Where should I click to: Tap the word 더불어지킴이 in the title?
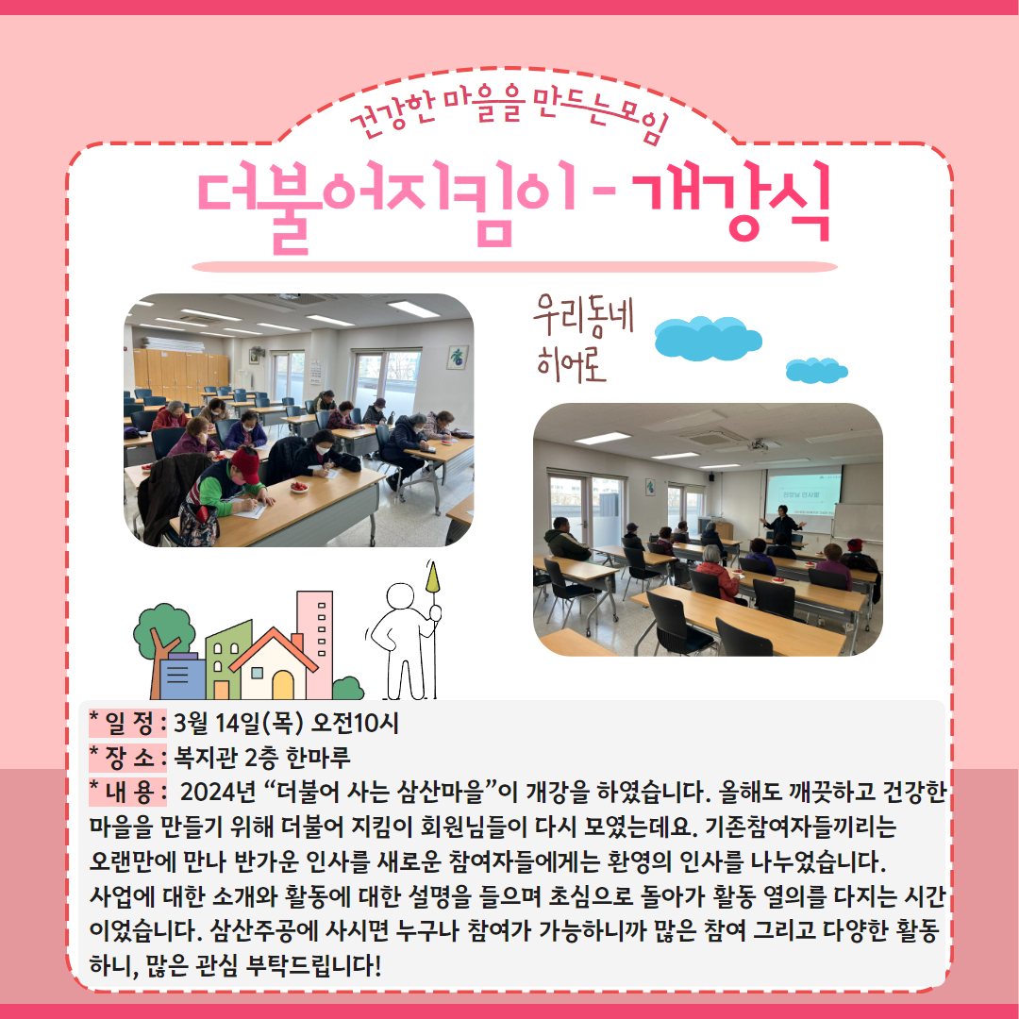[x=388, y=207]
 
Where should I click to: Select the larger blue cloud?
[x=708, y=338]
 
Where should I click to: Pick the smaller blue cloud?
[x=816, y=371]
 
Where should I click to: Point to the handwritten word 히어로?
[x=571, y=364]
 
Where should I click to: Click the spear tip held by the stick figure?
[x=432, y=576]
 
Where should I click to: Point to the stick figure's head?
[x=400, y=596]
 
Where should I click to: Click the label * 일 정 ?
[x=128, y=723]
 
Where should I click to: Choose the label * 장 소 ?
[x=128, y=757]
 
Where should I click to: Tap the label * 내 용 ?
[x=128, y=792]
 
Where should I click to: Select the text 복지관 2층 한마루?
[x=262, y=757]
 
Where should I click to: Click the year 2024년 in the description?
[x=218, y=792]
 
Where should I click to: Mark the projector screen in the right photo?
[x=803, y=493]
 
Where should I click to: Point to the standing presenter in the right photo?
[x=783, y=526]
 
